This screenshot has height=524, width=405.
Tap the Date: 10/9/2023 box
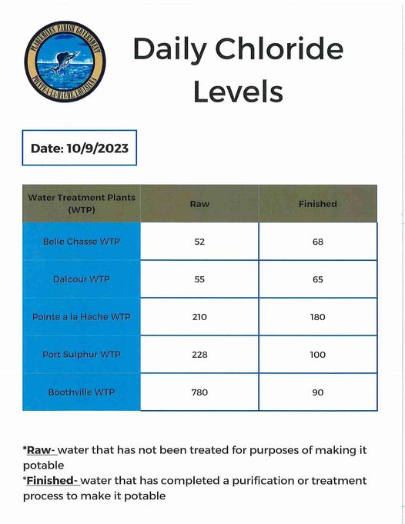tap(80, 148)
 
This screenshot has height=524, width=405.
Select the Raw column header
tap(199, 204)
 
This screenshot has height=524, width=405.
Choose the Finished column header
tap(318, 204)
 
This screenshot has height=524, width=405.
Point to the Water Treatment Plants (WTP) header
tap(82, 203)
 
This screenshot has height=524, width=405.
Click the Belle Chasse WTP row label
tap(82, 242)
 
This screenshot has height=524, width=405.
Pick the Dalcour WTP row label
tap(82, 279)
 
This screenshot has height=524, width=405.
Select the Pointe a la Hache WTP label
tap(82, 317)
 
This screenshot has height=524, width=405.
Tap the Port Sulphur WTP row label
tap(82, 355)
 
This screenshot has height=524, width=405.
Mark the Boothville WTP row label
tap(82, 392)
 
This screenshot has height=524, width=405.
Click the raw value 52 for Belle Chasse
tap(199, 242)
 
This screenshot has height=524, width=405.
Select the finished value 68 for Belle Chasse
tap(318, 242)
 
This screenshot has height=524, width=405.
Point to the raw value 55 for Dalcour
tap(199, 279)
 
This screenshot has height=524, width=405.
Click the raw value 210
tap(199, 317)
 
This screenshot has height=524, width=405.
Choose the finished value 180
tap(318, 317)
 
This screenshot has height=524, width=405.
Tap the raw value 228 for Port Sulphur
tap(199, 355)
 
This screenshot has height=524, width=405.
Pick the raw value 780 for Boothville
tap(199, 392)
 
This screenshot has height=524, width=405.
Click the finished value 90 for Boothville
tap(318, 392)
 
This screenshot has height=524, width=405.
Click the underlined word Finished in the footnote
tap(52, 481)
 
